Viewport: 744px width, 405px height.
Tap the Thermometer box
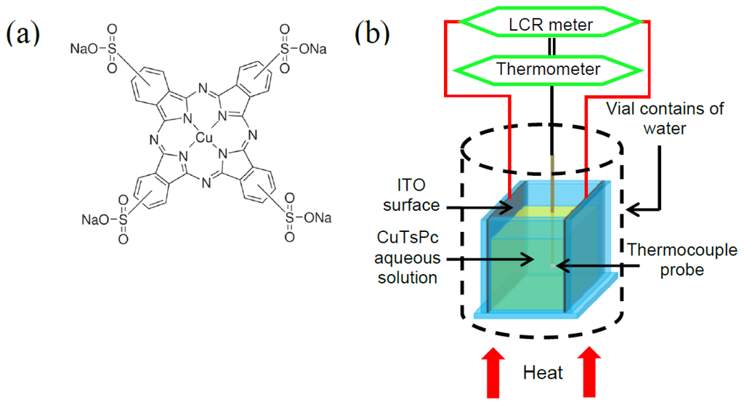pos(547,69)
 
